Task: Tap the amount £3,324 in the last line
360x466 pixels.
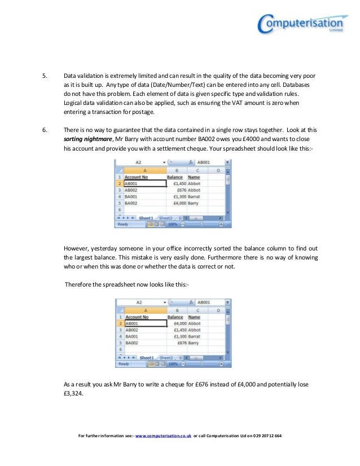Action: (73, 395)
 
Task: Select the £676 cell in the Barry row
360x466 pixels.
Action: (179, 342)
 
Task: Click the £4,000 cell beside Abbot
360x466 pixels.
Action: (177, 324)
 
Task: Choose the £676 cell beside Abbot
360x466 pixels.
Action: (178, 190)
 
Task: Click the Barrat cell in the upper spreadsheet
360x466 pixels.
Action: (195, 196)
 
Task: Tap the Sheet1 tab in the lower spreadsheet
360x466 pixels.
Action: (146, 358)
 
